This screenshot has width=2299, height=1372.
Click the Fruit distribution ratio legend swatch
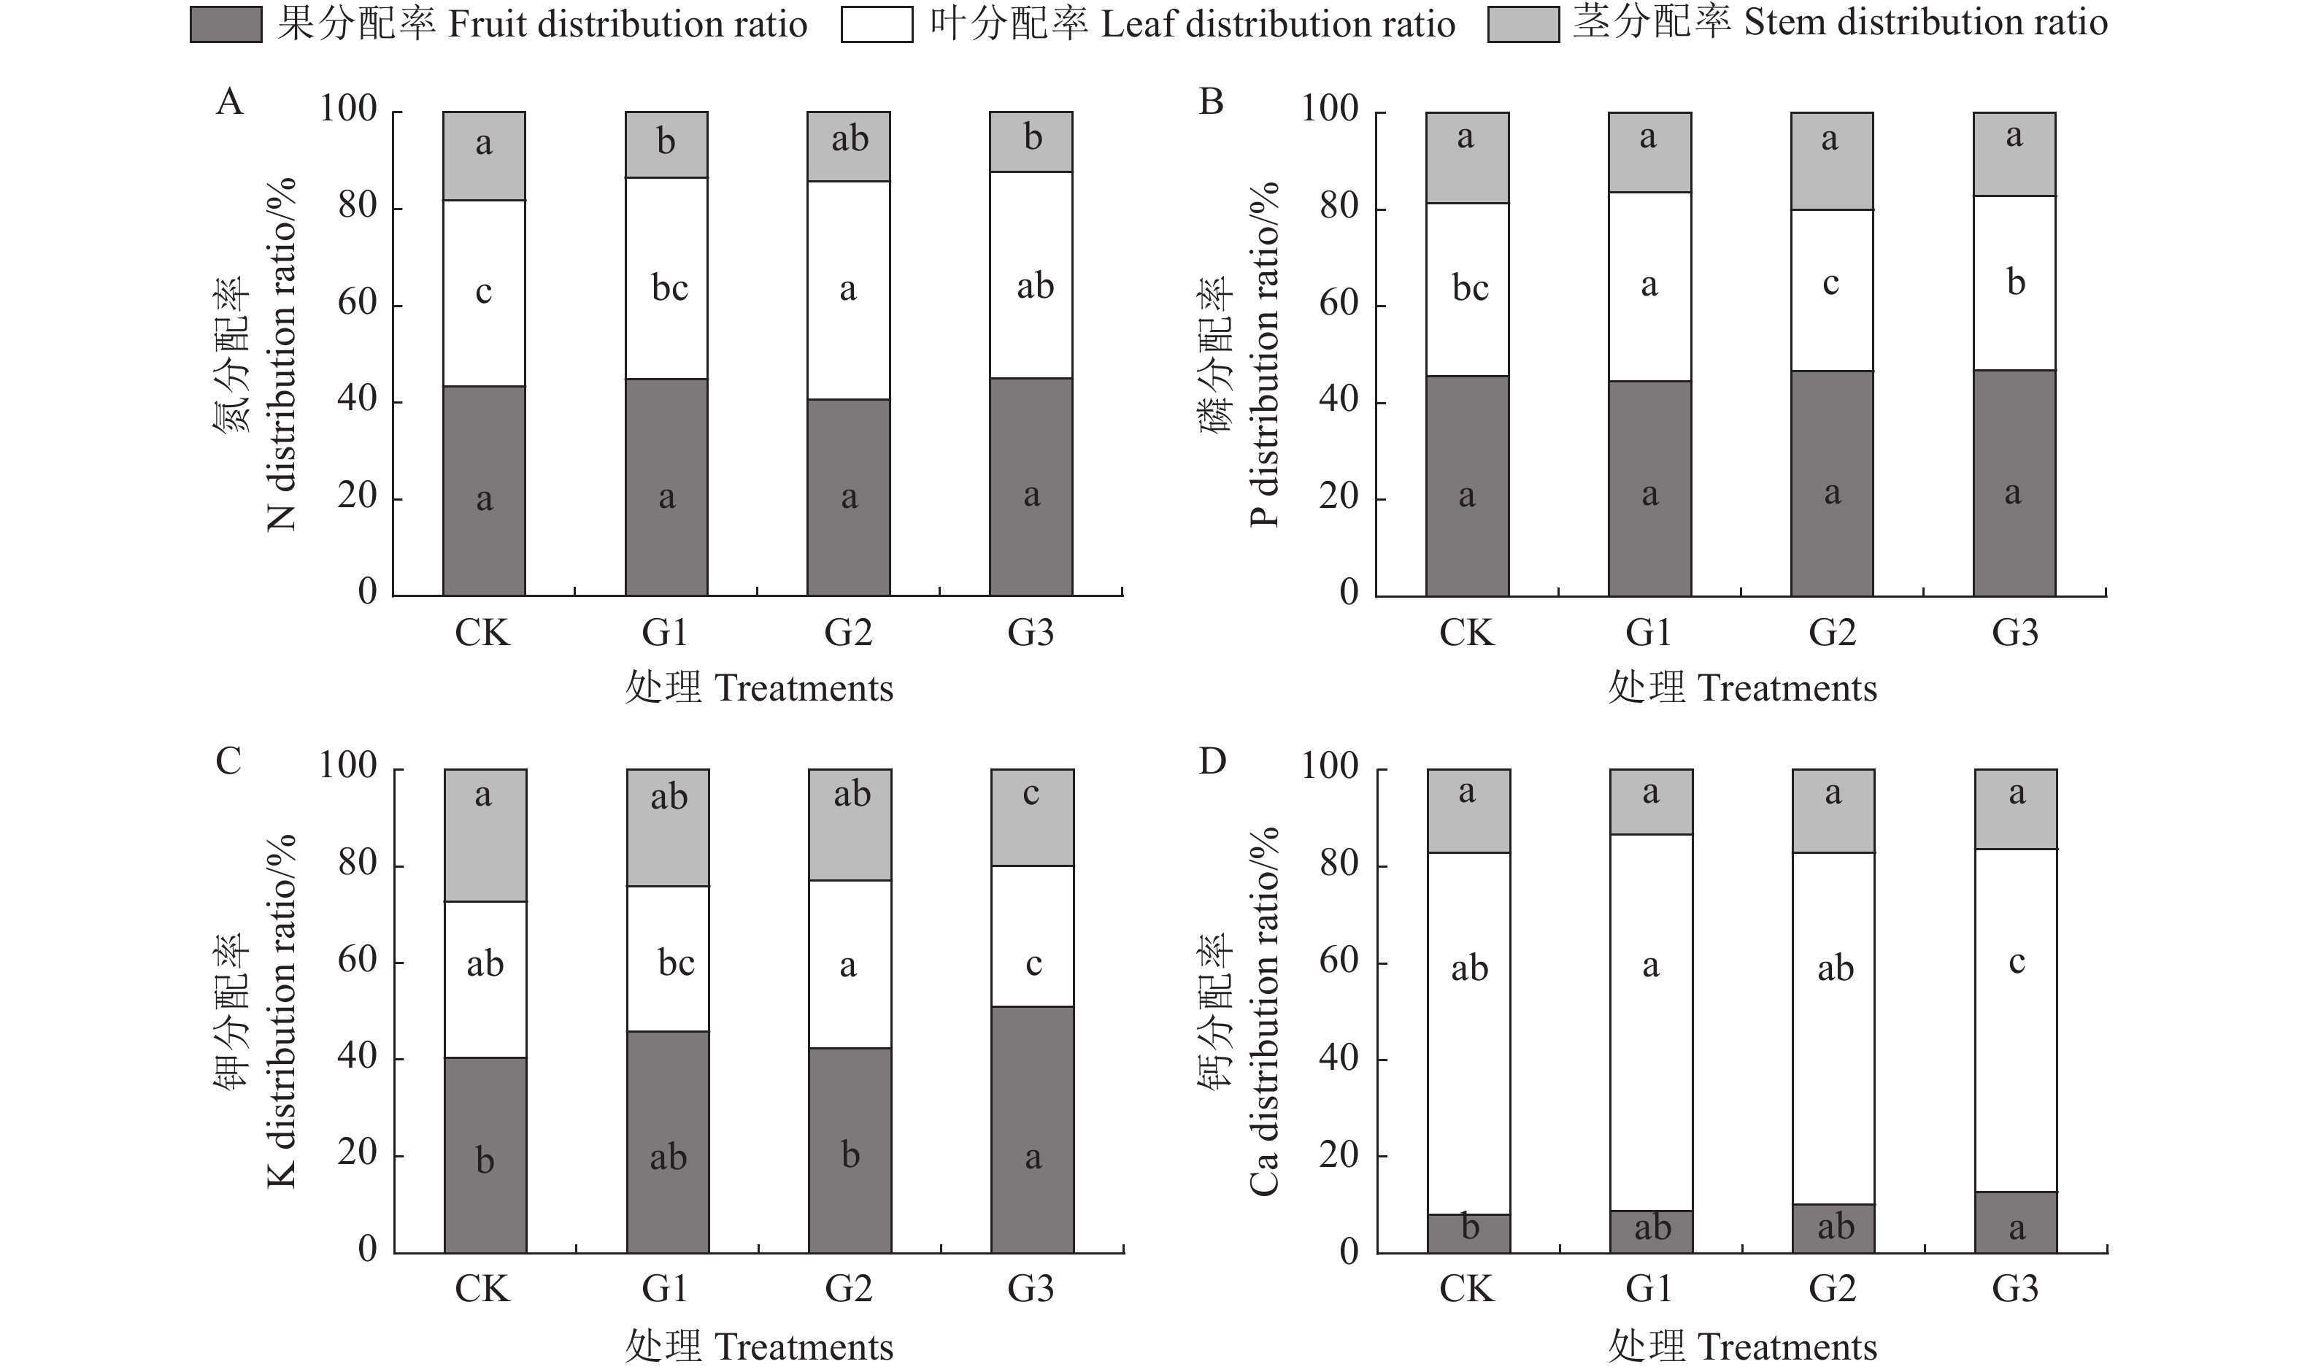click(x=226, y=25)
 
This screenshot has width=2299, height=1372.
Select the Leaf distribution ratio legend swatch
click(x=877, y=25)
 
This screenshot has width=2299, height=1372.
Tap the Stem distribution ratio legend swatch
click(x=1522, y=25)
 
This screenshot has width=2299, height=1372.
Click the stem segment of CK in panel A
click(x=483, y=156)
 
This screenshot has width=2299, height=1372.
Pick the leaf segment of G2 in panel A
click(x=849, y=290)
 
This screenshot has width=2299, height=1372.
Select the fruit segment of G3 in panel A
click(x=1031, y=486)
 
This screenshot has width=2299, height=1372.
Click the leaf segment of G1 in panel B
click(x=1649, y=287)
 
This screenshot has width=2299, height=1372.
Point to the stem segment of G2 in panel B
click(x=1831, y=162)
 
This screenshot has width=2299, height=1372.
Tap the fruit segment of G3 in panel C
click(x=1032, y=1129)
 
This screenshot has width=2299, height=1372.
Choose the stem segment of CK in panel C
click(x=485, y=835)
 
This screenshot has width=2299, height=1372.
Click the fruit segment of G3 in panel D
click(x=2015, y=1222)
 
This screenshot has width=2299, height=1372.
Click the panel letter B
click(x=1211, y=101)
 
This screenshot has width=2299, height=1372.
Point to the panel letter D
click(x=1212, y=761)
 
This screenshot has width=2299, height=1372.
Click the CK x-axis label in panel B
click(x=1466, y=633)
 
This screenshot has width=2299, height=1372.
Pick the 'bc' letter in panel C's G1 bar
click(x=676, y=963)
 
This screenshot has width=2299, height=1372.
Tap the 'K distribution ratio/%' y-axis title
click(x=281, y=1011)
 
